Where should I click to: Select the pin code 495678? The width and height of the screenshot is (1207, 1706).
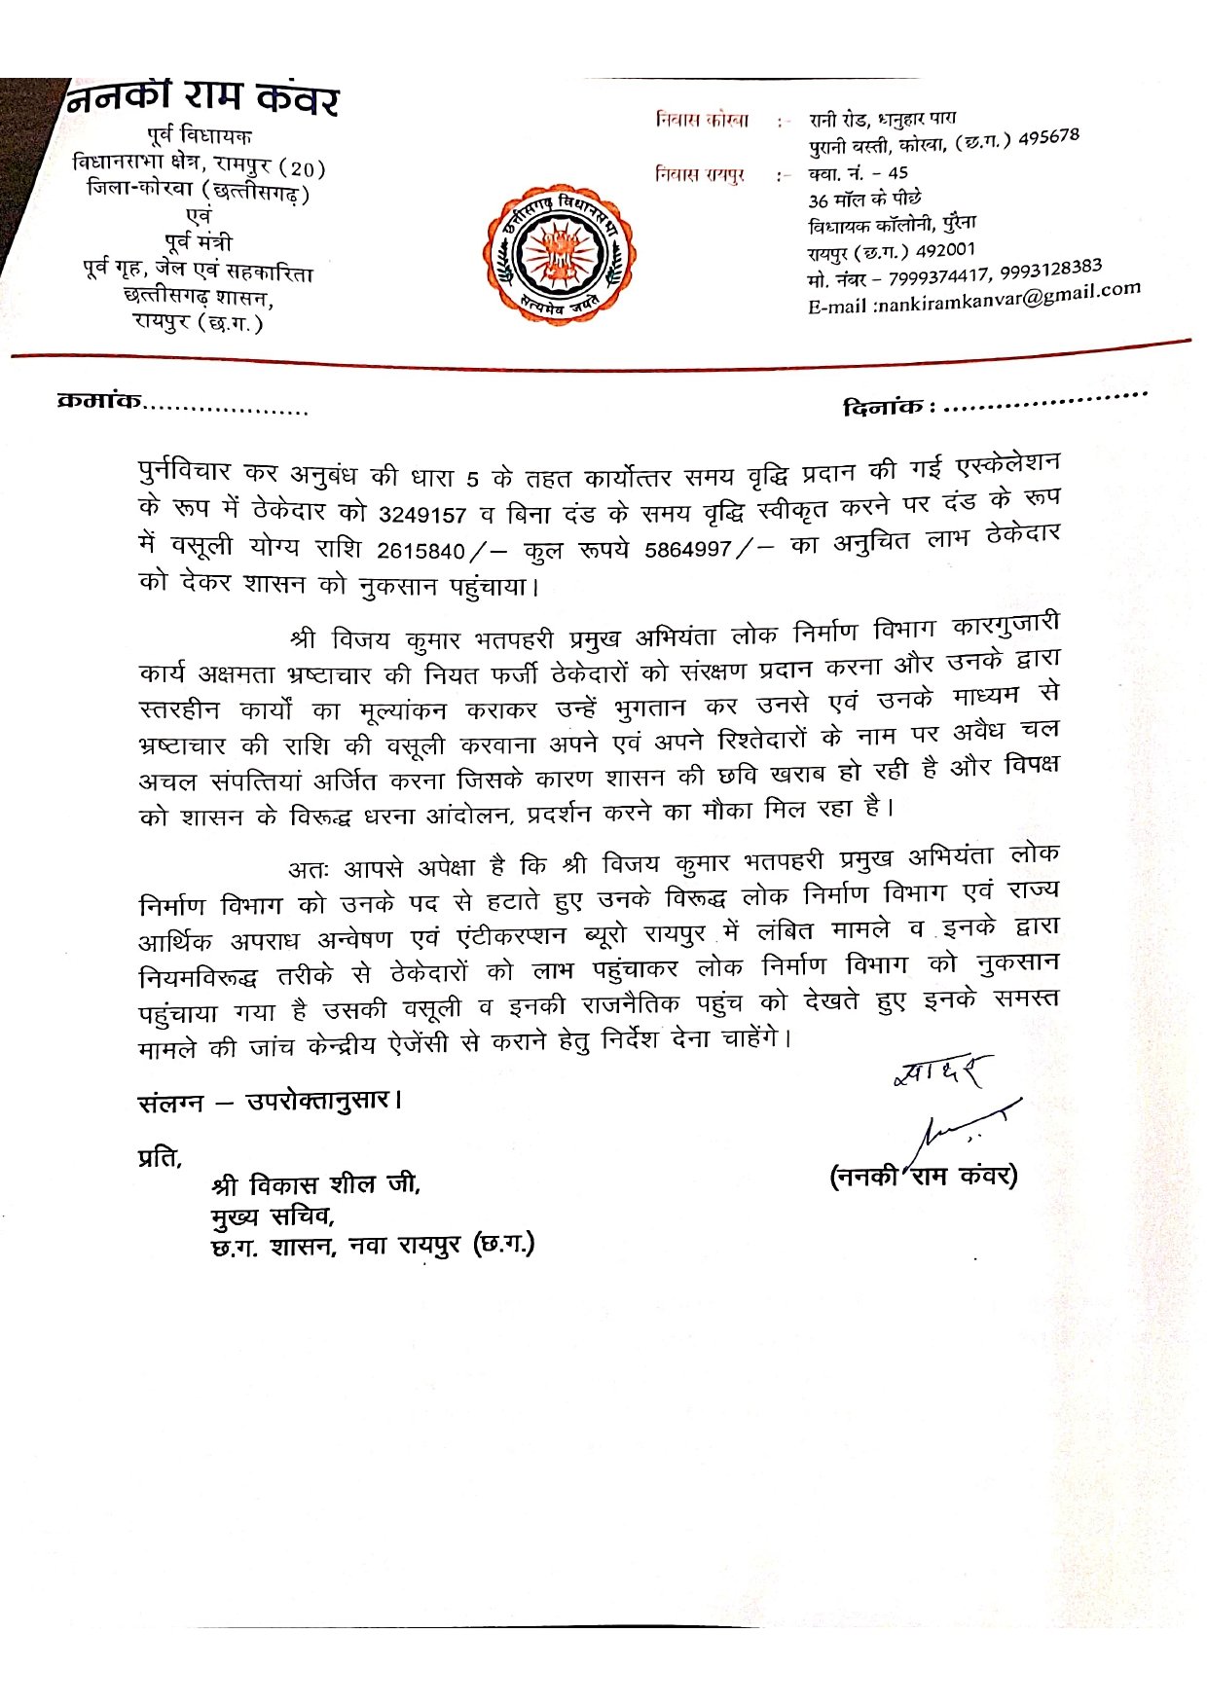pos(1048,136)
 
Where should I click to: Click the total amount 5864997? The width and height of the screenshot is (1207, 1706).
pos(687,549)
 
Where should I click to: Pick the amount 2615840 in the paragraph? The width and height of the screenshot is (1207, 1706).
pos(421,551)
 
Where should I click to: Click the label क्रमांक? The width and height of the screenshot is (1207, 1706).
pos(100,400)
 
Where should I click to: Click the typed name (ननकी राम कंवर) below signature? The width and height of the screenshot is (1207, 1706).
pos(923,1176)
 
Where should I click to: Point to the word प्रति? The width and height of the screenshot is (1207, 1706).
pos(161,1158)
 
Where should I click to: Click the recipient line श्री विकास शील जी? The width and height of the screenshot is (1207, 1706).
pos(315,1185)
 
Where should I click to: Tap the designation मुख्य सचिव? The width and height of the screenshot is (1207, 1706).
pos(274,1216)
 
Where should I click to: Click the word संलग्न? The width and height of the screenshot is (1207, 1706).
pos(171,1103)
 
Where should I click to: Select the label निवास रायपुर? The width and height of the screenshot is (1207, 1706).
pos(700,175)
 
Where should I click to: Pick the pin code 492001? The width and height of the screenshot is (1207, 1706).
pos(944,250)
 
